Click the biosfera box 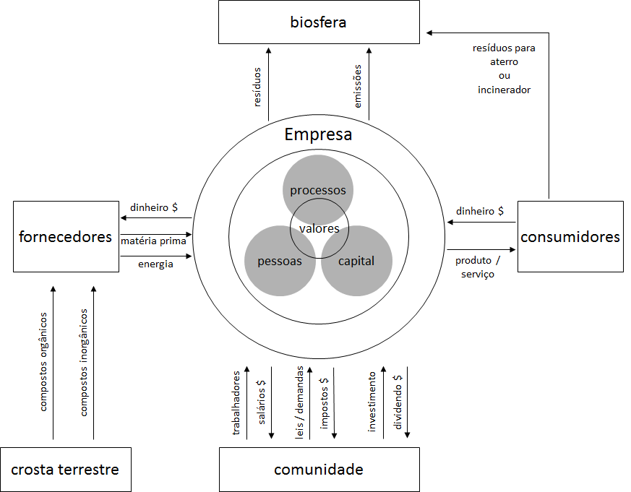pos(318,22)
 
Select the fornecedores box pos(66,236)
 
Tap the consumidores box pos(570,236)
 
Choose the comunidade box pos(318,470)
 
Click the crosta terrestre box pos(65,470)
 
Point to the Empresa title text pos(318,135)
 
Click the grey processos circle pos(318,181)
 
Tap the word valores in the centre pos(319,229)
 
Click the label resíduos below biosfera pos(257,87)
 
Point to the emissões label pos(358,86)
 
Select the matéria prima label pos(154,241)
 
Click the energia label pos(155,264)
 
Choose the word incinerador pos(504,90)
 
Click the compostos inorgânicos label pos(84,363)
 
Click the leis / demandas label pos(300,401)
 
